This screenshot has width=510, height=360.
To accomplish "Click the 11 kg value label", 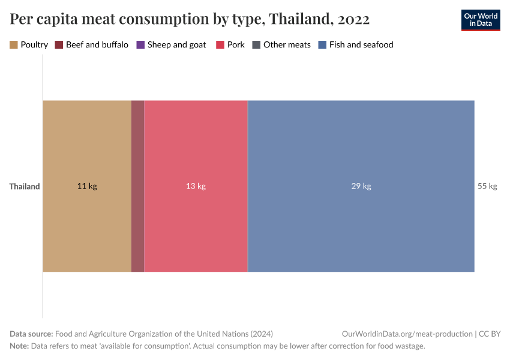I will pyautogui.click(x=87, y=186).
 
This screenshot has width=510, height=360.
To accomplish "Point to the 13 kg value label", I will pyautogui.click(x=196, y=186).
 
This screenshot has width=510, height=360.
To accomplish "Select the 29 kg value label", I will pyautogui.click(x=361, y=186).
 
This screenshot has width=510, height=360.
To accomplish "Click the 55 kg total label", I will pyautogui.click(x=487, y=186).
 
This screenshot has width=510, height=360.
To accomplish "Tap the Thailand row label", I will pyautogui.click(x=25, y=186).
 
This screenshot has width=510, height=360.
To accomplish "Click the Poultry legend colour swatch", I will pyautogui.click(x=14, y=44).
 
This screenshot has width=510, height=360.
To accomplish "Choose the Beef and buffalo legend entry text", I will pyautogui.click(x=97, y=44).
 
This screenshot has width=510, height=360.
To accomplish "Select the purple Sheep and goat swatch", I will pyautogui.click(x=140, y=44).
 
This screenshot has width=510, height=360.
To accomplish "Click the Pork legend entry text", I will pyautogui.click(x=236, y=44).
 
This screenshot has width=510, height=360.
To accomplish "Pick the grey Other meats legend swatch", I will pyautogui.click(x=256, y=44).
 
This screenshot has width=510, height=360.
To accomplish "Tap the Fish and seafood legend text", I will pyautogui.click(x=361, y=44).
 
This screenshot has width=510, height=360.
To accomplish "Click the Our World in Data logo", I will pyautogui.click(x=480, y=20).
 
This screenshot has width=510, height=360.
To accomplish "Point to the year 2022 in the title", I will pyautogui.click(x=353, y=19).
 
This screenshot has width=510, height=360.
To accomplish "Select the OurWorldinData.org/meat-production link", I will pyautogui.click(x=406, y=334).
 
